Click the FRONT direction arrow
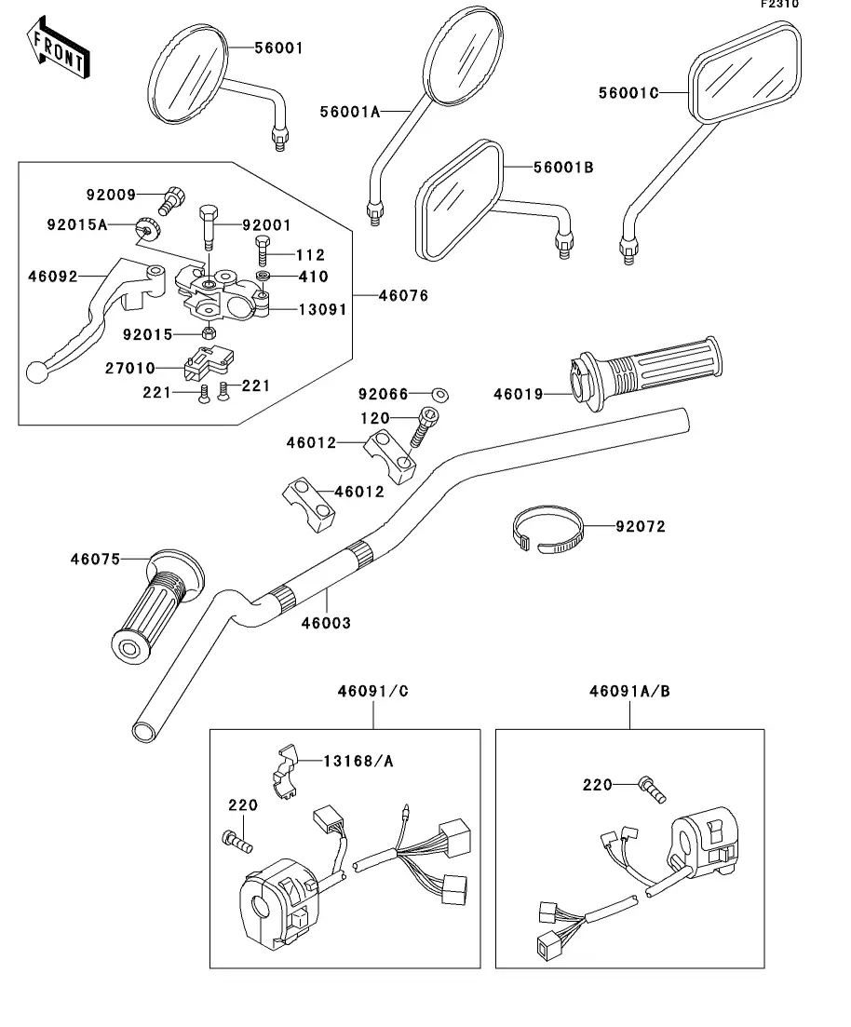pyautogui.click(x=57, y=49)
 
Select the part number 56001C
pyautogui.click(x=628, y=92)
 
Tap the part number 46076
pyautogui.click(x=403, y=296)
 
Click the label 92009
pyautogui.click(x=111, y=195)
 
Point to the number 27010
pyautogui.click(x=129, y=369)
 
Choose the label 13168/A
pyautogui.click(x=358, y=761)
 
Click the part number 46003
pyautogui.click(x=326, y=622)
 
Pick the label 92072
pyautogui.click(x=640, y=526)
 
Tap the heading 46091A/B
pyautogui.click(x=628, y=692)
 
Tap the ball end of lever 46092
pyautogui.click(x=37, y=372)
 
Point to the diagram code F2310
pyautogui.click(x=779, y=4)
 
